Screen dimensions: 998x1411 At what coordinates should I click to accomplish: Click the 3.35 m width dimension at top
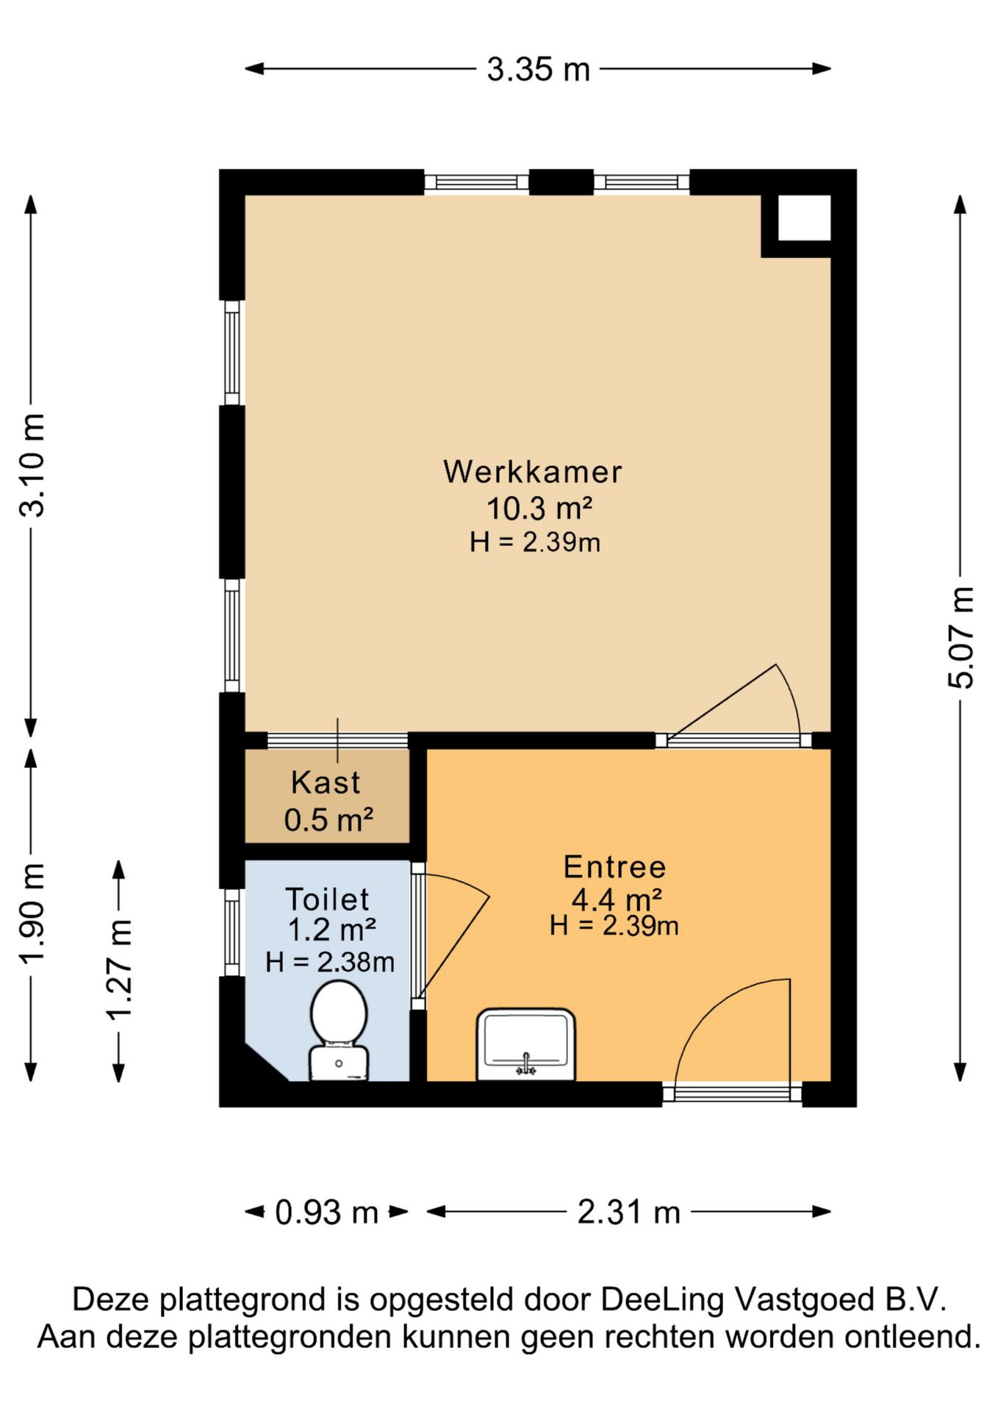pyautogui.click(x=539, y=70)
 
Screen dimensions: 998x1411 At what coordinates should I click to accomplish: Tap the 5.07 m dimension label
pyautogui.click(x=960, y=637)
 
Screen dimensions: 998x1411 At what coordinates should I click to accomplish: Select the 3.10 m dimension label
pyautogui.click(x=32, y=464)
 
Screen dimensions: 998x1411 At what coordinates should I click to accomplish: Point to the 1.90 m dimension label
pyautogui.click(x=32, y=913)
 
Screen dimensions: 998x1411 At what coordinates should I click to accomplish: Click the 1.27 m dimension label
pyautogui.click(x=119, y=970)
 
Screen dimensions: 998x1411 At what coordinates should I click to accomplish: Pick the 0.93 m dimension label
pyautogui.click(x=326, y=1212)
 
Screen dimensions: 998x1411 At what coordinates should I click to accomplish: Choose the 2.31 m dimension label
pyautogui.click(x=629, y=1212)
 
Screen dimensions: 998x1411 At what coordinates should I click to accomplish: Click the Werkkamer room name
pyautogui.click(x=533, y=472)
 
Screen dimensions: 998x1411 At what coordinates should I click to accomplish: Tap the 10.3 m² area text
pyautogui.click(x=539, y=508)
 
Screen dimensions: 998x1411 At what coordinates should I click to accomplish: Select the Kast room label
pyautogui.click(x=326, y=783)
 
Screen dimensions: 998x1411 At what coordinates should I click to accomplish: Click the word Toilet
pyautogui.click(x=327, y=900)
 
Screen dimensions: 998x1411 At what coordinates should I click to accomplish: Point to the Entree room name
pyautogui.click(x=614, y=867)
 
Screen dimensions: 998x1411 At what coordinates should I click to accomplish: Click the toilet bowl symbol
pyautogui.click(x=339, y=1030)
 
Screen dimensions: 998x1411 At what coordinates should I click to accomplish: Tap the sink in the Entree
pyautogui.click(x=526, y=1044)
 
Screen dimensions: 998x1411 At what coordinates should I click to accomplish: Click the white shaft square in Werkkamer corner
pyautogui.click(x=804, y=218)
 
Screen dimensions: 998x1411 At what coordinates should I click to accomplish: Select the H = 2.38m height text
pyautogui.click(x=330, y=962)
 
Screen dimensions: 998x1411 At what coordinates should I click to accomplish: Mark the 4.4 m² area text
pyautogui.click(x=617, y=899)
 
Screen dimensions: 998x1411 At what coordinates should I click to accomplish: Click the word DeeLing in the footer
pyautogui.click(x=663, y=1299)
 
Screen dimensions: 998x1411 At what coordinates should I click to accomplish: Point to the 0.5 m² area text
pyautogui.click(x=329, y=820)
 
